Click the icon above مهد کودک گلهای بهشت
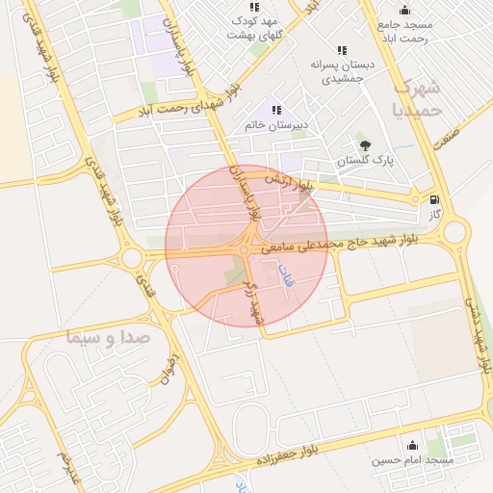tap(254, 7)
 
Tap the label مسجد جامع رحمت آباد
tap(405, 31)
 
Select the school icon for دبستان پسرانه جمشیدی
tap(342, 50)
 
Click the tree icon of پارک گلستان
tap(364, 146)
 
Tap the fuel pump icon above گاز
tap(436, 200)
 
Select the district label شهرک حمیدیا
tap(419, 97)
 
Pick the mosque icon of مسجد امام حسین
tap(413, 445)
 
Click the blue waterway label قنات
tap(286, 279)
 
